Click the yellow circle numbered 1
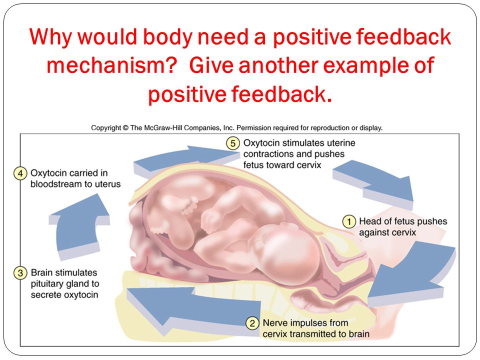tap(348, 221)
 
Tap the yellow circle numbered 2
tap(252, 323)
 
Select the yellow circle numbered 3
tap(20, 273)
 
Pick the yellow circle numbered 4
tap(20, 173)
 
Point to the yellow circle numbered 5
tap(233, 143)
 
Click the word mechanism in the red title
tap(112, 65)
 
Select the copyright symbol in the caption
tap(125, 128)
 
